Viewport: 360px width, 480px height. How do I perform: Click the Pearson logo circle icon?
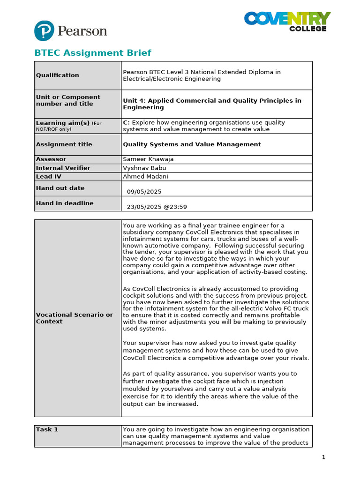click(x=44, y=31)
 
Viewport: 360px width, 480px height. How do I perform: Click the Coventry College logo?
click(x=287, y=22)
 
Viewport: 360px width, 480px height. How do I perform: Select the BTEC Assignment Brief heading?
click(x=93, y=53)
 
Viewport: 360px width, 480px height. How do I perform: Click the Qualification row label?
click(x=58, y=75)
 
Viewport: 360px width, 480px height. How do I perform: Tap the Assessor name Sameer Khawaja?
click(x=148, y=159)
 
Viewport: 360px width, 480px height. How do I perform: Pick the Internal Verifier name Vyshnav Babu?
click(x=144, y=168)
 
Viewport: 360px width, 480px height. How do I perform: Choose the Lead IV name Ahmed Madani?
click(x=146, y=176)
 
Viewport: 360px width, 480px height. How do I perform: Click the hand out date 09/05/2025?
click(x=144, y=192)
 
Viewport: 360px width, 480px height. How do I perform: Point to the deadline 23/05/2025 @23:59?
click(x=157, y=207)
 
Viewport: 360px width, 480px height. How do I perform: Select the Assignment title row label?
click(x=64, y=144)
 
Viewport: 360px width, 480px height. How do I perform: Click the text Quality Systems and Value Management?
click(x=192, y=144)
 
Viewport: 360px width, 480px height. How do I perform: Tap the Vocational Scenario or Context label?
click(x=74, y=318)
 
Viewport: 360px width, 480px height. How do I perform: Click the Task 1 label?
click(x=47, y=429)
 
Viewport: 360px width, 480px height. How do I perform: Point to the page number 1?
click(x=323, y=457)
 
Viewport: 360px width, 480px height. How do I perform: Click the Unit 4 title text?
click(x=212, y=104)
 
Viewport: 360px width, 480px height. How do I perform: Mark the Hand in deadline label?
click(x=65, y=203)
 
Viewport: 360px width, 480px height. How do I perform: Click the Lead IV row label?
click(x=48, y=176)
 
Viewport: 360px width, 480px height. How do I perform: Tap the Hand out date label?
click(x=60, y=188)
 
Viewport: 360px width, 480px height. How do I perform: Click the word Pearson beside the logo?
click(x=82, y=31)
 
